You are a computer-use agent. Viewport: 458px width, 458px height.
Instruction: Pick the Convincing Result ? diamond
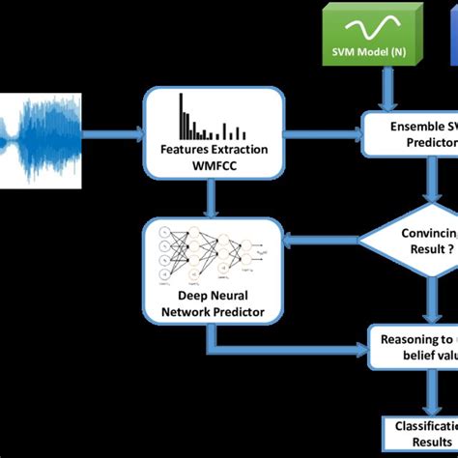(415, 240)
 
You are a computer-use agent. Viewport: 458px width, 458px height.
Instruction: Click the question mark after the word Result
(447, 249)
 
